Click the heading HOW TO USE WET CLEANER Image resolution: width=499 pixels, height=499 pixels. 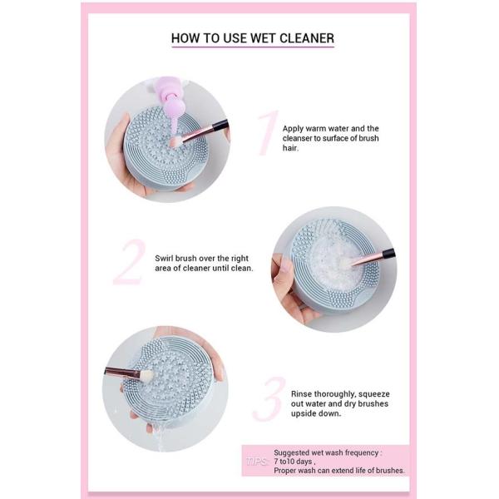pyautogui.click(x=252, y=38)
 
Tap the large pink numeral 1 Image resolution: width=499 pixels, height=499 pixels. pyautogui.click(x=265, y=133)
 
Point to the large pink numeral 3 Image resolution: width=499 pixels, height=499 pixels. pyautogui.click(x=269, y=400)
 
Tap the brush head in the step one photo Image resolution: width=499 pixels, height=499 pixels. pyautogui.click(x=176, y=142)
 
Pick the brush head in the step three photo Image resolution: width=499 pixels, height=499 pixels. pyautogui.click(x=146, y=376)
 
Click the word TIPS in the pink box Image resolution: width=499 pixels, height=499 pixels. pyautogui.click(x=256, y=460)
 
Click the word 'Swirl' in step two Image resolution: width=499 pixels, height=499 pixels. pyautogui.click(x=166, y=258)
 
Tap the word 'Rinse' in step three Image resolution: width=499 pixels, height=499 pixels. pyautogui.click(x=305, y=393)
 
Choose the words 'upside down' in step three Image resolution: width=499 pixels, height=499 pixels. pyautogui.click(x=316, y=414)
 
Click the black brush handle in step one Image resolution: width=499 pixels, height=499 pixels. pyautogui.click(x=218, y=126)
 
